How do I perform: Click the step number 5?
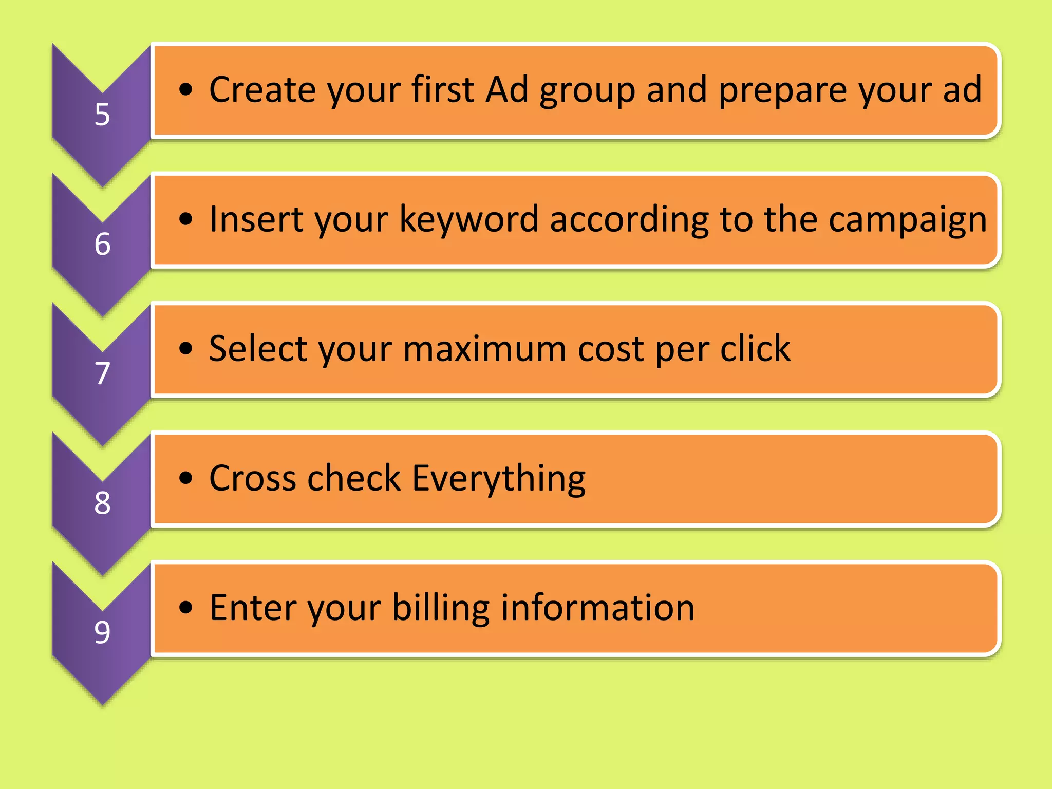[102, 114]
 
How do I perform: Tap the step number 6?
[102, 243]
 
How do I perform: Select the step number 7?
[102, 373]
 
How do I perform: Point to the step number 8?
[102, 502]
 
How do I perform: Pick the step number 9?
[102, 632]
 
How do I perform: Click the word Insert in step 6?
[255, 219]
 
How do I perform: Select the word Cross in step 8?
[252, 478]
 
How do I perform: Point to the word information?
[598, 608]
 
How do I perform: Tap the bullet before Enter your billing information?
[185, 608]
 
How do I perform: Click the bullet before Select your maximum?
[185, 349]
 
